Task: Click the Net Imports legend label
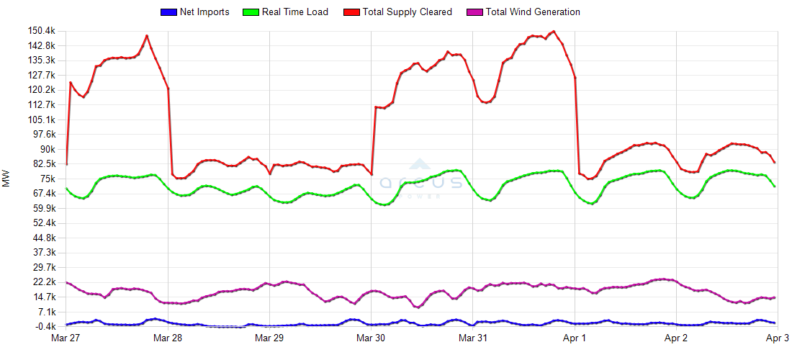[204, 12]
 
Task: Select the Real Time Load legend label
[295, 12]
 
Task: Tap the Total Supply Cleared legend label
[408, 12]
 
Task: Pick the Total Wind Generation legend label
[533, 12]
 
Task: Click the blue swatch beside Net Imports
[167, 12]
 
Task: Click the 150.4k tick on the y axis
[41, 31]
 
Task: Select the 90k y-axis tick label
[47, 149]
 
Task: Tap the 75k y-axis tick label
[47, 179]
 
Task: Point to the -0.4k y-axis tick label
[43, 326]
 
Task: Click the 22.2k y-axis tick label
[43, 282]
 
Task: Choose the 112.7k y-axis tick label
[41, 104]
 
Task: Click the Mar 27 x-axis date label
[67, 337]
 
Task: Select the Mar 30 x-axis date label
[371, 337]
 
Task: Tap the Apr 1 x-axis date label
[575, 337]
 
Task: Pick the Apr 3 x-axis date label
[778, 337]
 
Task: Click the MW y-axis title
[6, 179]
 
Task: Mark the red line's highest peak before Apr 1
[553, 32]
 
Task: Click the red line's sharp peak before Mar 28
[147, 35]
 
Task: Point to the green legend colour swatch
[251, 12]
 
